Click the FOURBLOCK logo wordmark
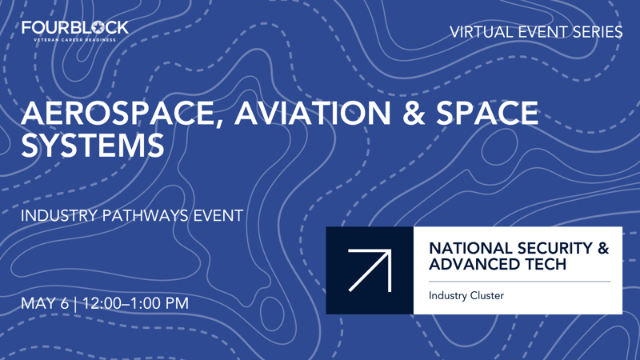(75, 27)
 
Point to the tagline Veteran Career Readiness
(75, 39)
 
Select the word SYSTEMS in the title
(93, 146)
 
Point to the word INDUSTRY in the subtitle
(58, 216)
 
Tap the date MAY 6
(45, 304)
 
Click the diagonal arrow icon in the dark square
(370, 270)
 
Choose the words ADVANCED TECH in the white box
(498, 264)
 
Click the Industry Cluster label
(466, 296)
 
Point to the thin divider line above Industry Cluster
(519, 282)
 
